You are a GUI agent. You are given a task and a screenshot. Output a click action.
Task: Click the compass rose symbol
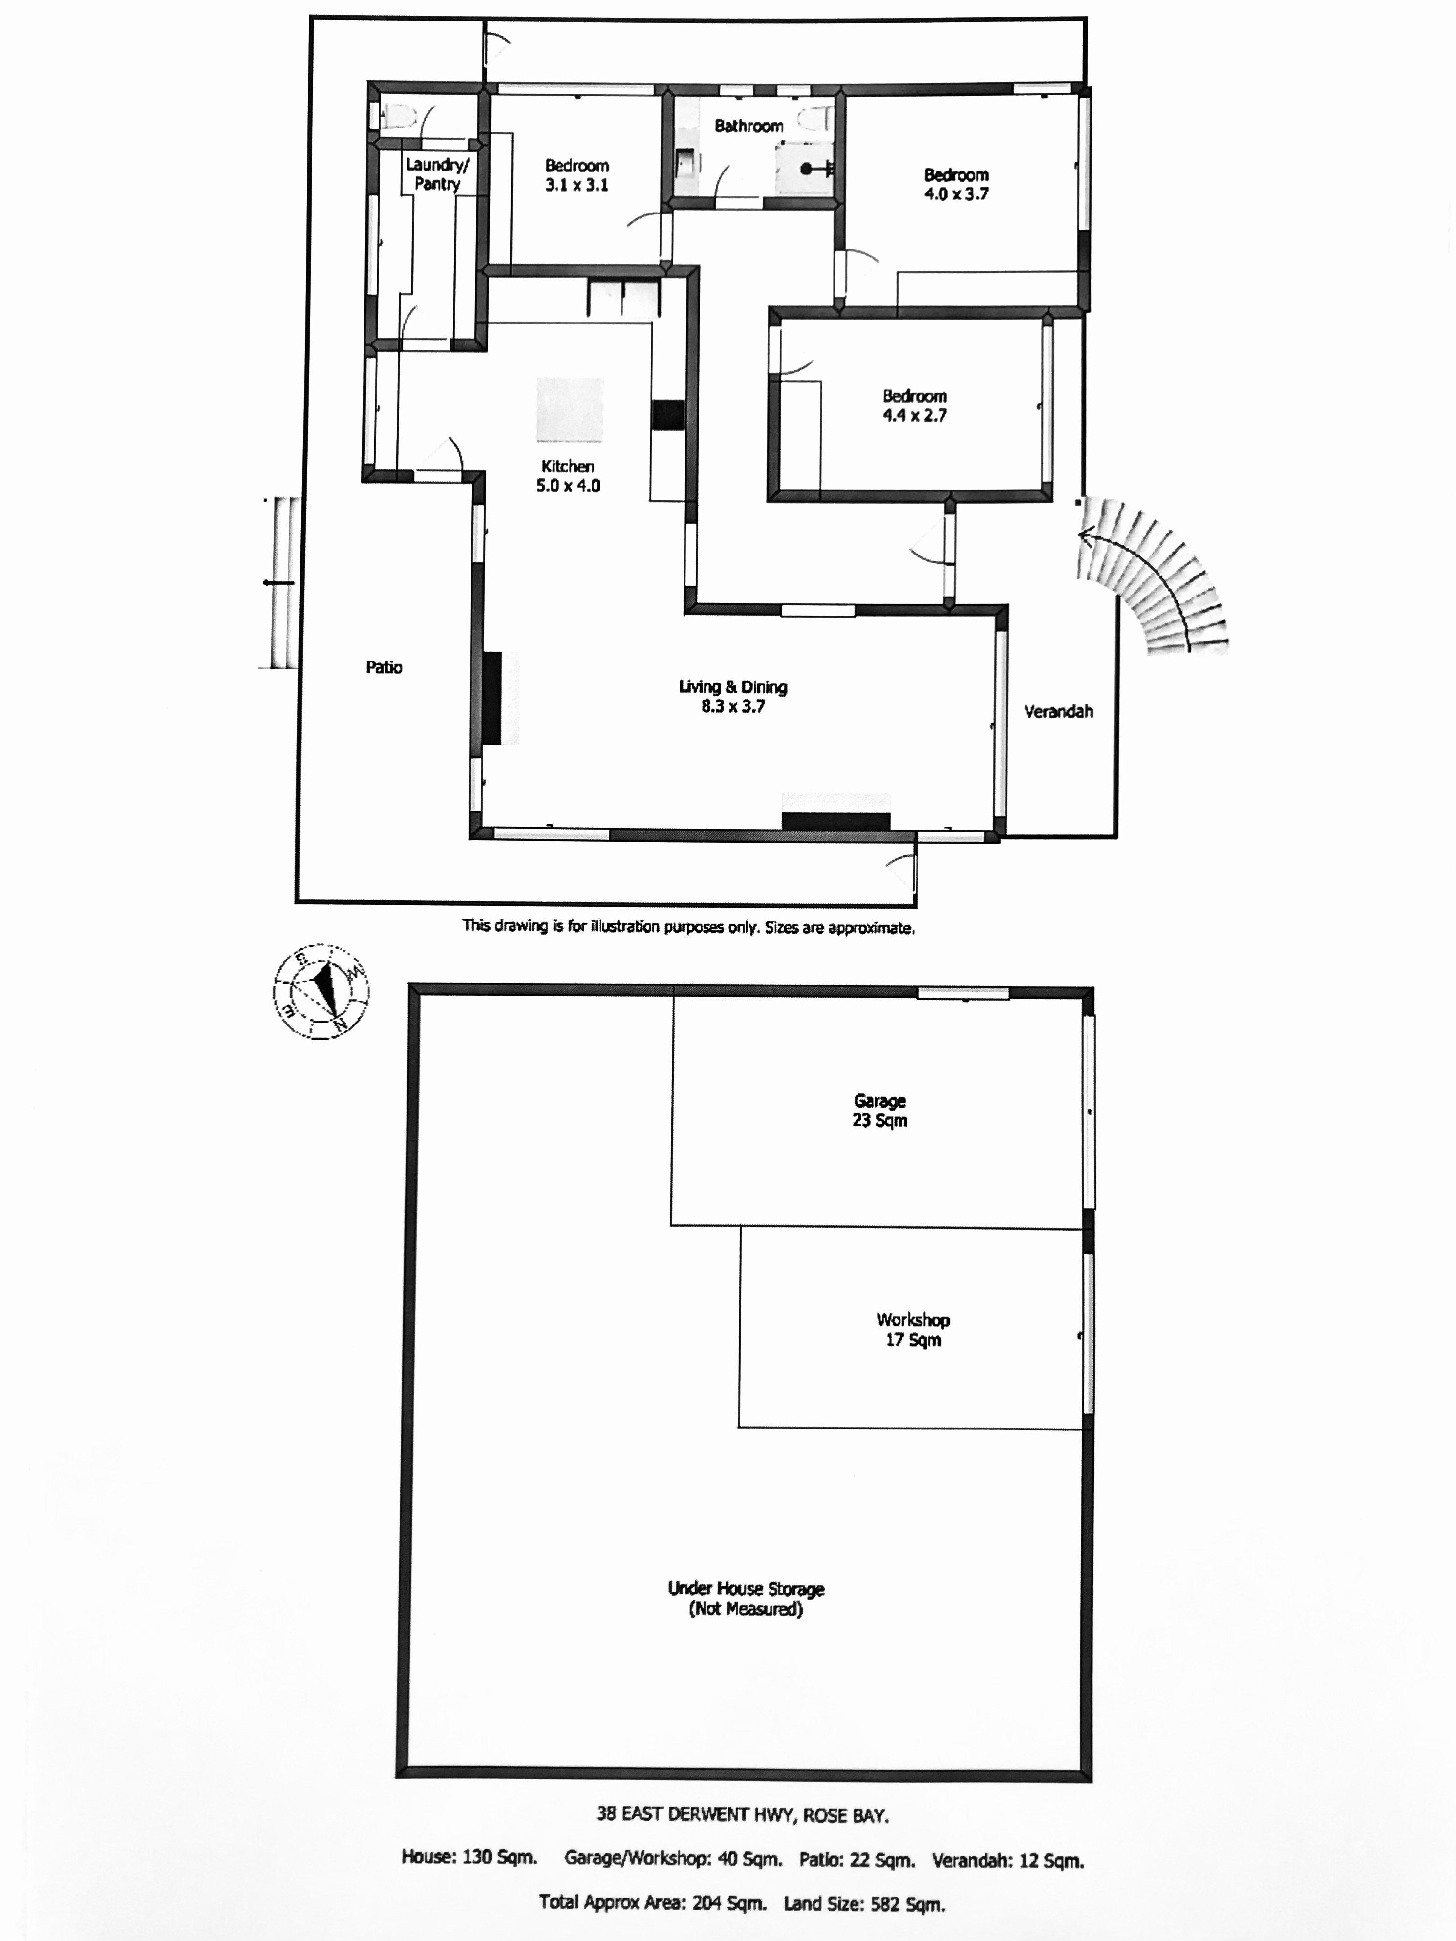321,992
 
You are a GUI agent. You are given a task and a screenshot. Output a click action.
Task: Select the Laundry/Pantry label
437,174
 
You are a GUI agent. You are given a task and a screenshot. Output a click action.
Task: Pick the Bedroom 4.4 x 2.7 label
915,405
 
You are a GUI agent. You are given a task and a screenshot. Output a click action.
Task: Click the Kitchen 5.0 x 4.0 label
568,475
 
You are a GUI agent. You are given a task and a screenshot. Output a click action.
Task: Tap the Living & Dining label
733,687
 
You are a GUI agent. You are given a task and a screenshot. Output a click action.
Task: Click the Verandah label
1058,712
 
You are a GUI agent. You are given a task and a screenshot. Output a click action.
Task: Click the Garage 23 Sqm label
879,1110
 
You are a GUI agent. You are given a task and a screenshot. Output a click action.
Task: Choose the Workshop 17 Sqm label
913,1329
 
